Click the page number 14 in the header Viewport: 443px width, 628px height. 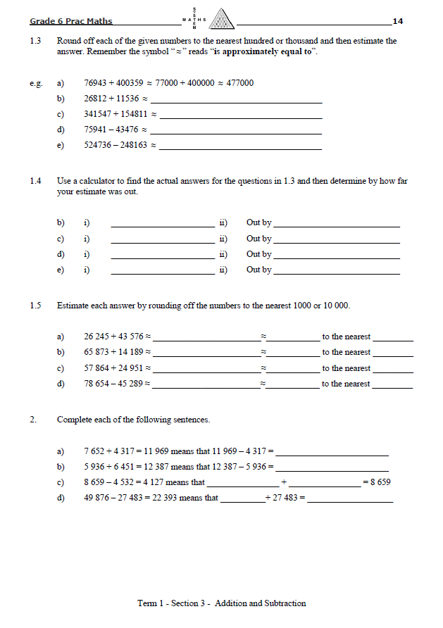(397, 21)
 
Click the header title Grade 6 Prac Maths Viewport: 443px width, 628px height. (71, 21)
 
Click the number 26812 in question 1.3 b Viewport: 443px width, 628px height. (96, 99)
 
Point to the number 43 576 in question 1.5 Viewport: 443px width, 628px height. (132, 337)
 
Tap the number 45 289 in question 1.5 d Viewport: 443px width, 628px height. (132, 384)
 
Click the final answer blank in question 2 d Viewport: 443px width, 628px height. (350, 501)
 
